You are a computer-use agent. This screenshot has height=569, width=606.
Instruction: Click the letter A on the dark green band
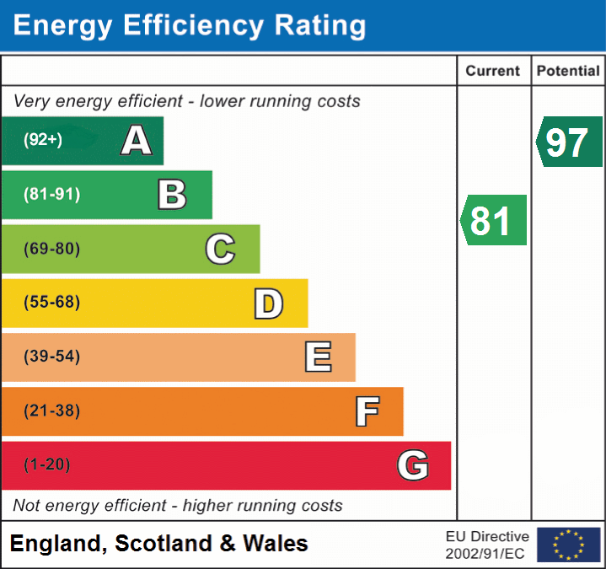(x=137, y=141)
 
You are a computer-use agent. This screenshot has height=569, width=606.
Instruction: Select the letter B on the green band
(x=172, y=195)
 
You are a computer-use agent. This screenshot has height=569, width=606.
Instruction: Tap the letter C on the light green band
(x=220, y=249)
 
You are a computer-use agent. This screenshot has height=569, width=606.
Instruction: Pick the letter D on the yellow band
(x=268, y=303)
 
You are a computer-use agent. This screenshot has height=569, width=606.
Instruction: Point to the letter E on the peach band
(x=318, y=357)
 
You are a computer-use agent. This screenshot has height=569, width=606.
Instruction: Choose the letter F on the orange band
(x=367, y=411)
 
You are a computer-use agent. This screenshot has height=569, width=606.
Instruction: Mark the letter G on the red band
(x=413, y=465)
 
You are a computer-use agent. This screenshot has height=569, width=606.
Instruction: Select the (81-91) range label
(x=52, y=195)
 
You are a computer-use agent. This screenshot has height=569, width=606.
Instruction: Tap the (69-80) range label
(x=52, y=249)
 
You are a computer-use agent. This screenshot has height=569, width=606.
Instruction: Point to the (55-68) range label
(x=52, y=303)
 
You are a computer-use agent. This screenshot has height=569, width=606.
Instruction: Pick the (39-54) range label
(x=52, y=357)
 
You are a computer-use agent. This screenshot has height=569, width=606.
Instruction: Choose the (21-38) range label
(x=52, y=411)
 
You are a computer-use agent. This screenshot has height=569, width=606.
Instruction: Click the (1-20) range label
(x=47, y=465)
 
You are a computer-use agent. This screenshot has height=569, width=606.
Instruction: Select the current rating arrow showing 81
(x=493, y=221)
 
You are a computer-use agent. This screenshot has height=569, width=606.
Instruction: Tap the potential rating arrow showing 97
(x=569, y=142)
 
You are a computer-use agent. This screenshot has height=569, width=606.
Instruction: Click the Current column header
(x=494, y=72)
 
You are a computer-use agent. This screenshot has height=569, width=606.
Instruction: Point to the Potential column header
(x=568, y=72)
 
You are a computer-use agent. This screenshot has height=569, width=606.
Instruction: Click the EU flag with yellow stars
(x=568, y=545)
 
